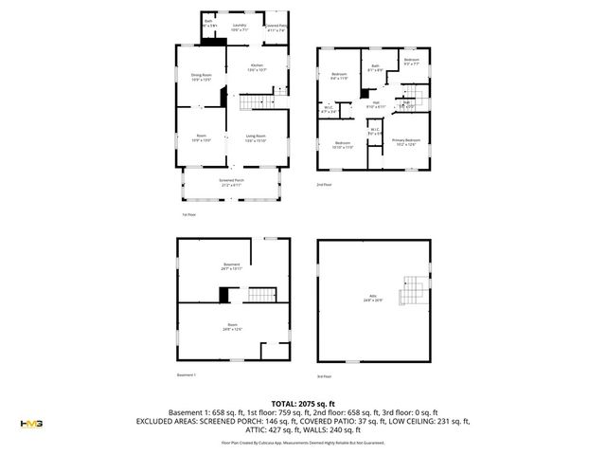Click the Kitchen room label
[257, 66]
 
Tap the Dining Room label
[201, 77]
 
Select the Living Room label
[256, 138]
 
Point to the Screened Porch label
[232, 182]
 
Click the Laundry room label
[240, 27]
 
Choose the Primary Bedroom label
[407, 142]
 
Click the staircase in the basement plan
[259, 297]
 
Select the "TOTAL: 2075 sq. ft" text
[303, 404]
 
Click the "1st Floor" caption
[188, 215]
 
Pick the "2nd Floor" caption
[325, 186]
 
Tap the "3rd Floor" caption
[325, 375]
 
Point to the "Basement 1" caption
[187, 375]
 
